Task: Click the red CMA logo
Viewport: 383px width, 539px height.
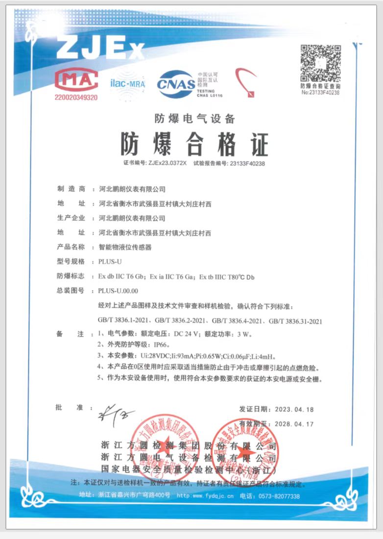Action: point(76,80)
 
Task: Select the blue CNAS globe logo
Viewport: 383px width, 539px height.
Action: point(176,83)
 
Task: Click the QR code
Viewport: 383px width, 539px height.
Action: point(320,64)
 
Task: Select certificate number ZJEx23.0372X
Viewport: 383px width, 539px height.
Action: point(167,163)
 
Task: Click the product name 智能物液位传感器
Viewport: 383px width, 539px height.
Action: point(125,247)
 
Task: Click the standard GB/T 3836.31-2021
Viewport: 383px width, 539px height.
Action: point(295,321)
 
